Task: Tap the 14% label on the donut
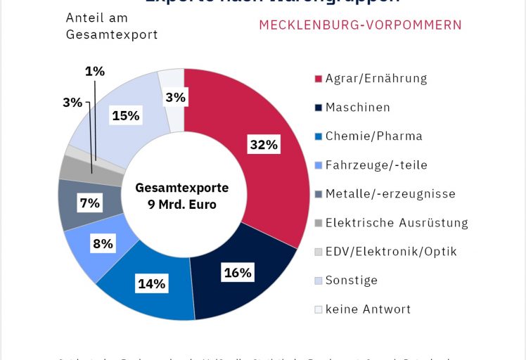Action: pyautogui.click(x=152, y=284)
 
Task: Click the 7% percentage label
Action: pyautogui.click(x=90, y=203)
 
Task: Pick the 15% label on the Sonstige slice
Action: pyautogui.click(x=125, y=115)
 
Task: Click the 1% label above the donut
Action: pyautogui.click(x=95, y=71)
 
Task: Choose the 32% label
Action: pyautogui.click(x=264, y=146)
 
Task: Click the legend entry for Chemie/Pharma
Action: pyautogui.click(x=373, y=136)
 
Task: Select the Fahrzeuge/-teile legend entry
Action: pyautogui.click(x=376, y=165)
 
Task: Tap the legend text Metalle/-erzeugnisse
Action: pyautogui.click(x=390, y=193)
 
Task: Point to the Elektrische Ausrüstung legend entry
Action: pyautogui.click(x=396, y=223)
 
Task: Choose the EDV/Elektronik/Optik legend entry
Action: pyautogui.click(x=391, y=251)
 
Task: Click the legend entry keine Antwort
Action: pyautogui.click(x=368, y=309)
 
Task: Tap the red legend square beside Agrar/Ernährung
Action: pyautogui.click(x=318, y=79)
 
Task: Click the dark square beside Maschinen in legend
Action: pyautogui.click(x=318, y=108)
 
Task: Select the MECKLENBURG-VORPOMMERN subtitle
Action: pyautogui.click(x=360, y=25)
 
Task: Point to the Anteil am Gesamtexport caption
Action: pyautogui.click(x=112, y=26)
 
